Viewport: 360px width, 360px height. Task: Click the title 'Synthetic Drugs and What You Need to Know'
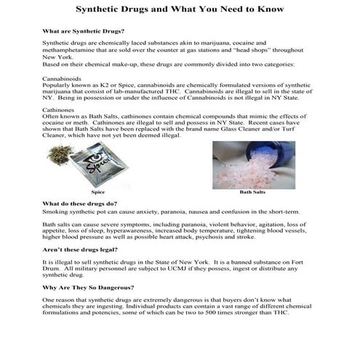pos(180,10)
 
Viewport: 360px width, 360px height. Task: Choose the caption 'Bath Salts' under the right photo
pos(252,193)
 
